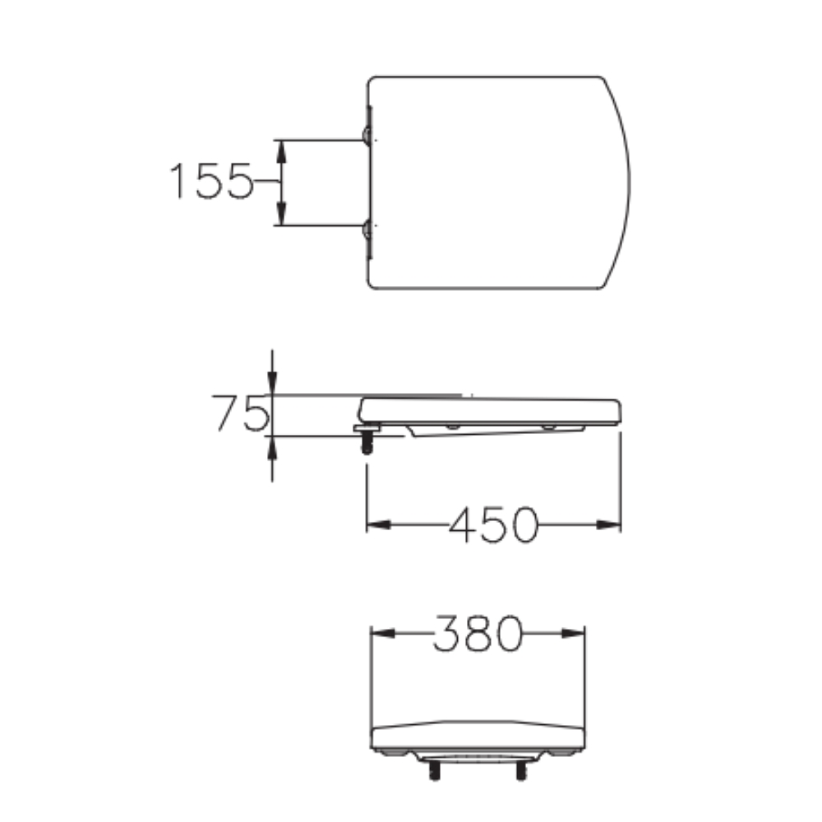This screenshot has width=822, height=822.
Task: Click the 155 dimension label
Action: click(210, 182)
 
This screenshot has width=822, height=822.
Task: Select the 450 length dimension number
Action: click(493, 524)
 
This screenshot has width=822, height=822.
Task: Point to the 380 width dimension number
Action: click(478, 633)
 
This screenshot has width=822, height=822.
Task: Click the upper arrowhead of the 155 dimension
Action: click(280, 149)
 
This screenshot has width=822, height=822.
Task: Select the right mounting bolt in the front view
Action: click(520, 770)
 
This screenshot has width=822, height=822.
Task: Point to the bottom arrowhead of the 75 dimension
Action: click(273, 445)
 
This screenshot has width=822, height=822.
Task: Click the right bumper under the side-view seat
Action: click(547, 428)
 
